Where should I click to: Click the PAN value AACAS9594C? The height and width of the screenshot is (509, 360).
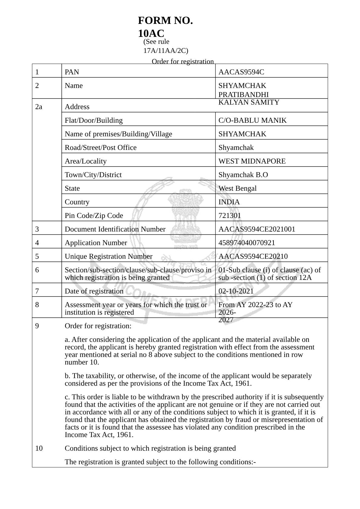click(x=241, y=72)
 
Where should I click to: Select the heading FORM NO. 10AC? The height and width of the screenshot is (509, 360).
click(x=165, y=26)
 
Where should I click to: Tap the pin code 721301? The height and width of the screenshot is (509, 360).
click(x=230, y=216)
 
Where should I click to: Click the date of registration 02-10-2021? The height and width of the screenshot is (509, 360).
click(x=236, y=291)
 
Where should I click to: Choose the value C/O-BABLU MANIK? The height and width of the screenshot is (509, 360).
click(x=252, y=120)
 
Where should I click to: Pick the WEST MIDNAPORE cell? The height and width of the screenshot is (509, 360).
click(x=252, y=161)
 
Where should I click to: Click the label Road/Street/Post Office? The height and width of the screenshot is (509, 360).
click(x=100, y=148)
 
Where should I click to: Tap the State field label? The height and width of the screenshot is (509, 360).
click(x=72, y=188)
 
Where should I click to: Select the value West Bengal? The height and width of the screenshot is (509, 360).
click(x=237, y=188)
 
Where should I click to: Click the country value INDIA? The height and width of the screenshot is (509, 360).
click(x=229, y=202)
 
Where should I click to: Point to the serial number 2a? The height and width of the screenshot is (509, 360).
click(x=39, y=107)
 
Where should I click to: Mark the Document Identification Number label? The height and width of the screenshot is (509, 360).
click(x=115, y=229)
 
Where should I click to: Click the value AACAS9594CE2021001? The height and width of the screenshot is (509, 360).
click(x=257, y=229)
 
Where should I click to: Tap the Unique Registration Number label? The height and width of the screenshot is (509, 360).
click(x=108, y=256)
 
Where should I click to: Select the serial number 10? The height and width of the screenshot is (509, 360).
click(x=39, y=448)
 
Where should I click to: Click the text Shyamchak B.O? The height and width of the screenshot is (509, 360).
click(x=243, y=175)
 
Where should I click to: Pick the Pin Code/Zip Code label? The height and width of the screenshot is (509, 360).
click(x=94, y=216)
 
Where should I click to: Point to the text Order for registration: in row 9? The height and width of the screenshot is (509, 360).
click(x=98, y=326)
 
